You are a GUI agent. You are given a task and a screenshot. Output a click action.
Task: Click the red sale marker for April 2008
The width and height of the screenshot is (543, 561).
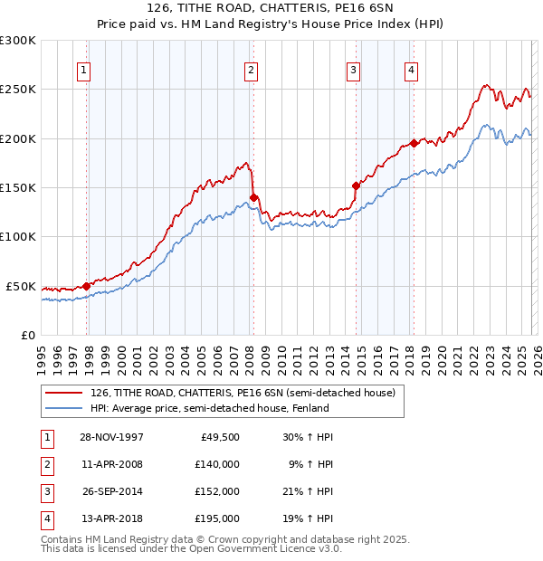click(253, 197)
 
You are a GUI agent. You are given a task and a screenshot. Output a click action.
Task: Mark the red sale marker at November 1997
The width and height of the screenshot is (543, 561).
click(87, 286)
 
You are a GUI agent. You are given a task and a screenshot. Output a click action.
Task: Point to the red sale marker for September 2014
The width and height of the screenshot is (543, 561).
click(356, 185)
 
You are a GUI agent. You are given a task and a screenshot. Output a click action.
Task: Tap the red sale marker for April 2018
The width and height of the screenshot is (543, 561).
click(414, 143)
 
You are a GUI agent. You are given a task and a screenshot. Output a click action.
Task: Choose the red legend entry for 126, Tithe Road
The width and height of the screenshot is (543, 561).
click(243, 394)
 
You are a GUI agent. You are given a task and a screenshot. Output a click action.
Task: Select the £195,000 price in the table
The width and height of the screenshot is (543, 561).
click(217, 518)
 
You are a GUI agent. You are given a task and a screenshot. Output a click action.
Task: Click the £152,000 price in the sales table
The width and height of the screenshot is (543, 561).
click(217, 491)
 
